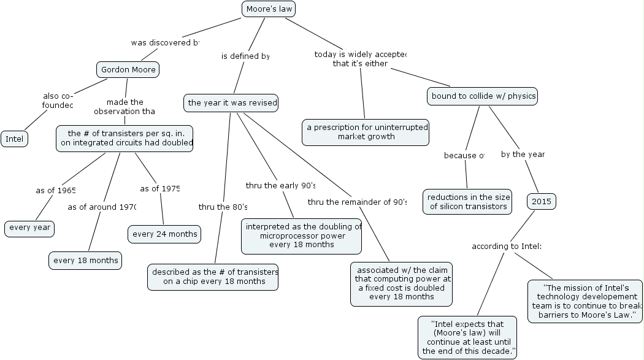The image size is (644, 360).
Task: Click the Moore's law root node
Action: (269, 9)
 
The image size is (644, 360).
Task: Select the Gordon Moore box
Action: (128, 69)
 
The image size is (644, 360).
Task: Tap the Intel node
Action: (14, 139)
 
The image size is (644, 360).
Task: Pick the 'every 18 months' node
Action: (85, 260)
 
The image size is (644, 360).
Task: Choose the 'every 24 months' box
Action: (165, 234)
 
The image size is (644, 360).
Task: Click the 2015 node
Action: (542, 201)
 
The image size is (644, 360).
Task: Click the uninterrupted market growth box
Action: (366, 132)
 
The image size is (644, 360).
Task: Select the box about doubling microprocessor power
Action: (302, 236)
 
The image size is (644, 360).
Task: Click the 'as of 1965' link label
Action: (56, 190)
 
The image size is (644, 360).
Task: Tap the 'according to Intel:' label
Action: (507, 247)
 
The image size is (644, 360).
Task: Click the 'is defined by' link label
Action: (245, 56)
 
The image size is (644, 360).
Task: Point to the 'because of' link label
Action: (464, 155)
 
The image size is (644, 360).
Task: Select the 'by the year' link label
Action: (523, 154)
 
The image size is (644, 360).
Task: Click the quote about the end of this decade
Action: (468, 337)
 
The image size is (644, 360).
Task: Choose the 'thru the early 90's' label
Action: (281, 185)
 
